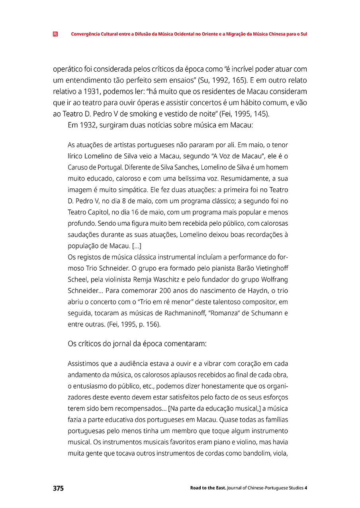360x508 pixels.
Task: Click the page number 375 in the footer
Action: click(x=58, y=488)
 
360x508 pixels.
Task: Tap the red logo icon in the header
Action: click(x=55, y=34)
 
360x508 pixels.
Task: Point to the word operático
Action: click(x=67, y=69)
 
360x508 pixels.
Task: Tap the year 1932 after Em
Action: click(x=86, y=125)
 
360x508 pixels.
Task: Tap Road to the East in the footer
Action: click(x=208, y=488)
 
